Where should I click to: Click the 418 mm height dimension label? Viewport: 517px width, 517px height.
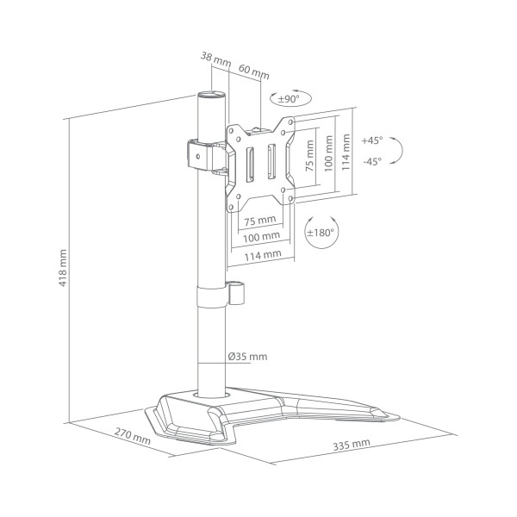click(63, 268)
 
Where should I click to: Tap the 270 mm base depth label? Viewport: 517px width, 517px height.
click(132, 436)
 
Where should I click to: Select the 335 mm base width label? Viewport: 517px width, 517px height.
click(352, 444)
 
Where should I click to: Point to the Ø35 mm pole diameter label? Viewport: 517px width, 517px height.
click(247, 357)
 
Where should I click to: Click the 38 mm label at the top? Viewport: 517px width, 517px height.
click(216, 59)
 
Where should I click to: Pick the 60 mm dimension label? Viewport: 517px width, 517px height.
click(254, 72)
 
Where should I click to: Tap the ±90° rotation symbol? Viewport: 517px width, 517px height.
click(290, 98)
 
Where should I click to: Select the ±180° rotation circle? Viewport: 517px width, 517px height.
click(321, 233)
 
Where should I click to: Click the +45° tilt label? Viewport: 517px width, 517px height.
click(372, 140)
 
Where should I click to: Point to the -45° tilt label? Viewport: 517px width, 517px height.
click(372, 162)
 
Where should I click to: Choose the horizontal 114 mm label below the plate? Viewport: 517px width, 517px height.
click(263, 255)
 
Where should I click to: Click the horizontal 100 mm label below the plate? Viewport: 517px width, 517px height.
click(261, 236)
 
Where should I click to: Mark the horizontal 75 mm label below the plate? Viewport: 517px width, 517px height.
click(260, 220)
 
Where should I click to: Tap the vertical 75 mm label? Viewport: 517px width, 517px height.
click(309, 156)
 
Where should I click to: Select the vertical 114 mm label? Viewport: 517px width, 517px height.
click(346, 152)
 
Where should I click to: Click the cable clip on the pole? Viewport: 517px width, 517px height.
click(237, 292)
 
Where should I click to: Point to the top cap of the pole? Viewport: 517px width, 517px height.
click(211, 95)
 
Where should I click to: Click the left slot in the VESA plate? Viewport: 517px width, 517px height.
click(251, 164)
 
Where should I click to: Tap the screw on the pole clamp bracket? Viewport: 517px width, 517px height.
click(198, 156)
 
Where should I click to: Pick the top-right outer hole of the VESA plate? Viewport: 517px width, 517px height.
click(290, 122)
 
